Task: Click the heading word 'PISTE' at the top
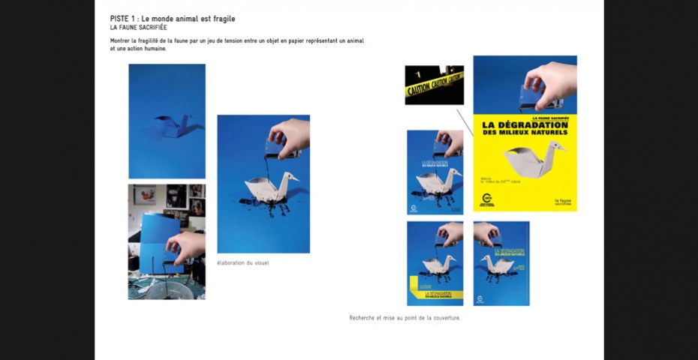[x=120, y=18]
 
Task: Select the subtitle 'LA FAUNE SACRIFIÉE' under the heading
[x=138, y=27]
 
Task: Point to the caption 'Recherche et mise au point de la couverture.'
[x=405, y=317]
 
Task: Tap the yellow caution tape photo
[x=434, y=85]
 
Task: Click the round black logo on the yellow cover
[x=488, y=199]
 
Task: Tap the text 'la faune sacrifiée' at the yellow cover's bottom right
[x=563, y=202]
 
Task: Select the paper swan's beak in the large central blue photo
[x=294, y=178]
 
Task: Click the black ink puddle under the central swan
[x=266, y=202]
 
